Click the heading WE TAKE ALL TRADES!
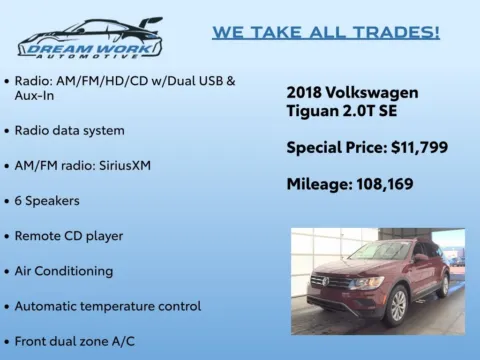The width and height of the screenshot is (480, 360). tap(326, 32)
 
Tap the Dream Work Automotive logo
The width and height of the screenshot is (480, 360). tap(89, 38)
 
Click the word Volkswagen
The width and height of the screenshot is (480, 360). tap(373, 93)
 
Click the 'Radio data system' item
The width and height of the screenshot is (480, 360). tap(69, 130)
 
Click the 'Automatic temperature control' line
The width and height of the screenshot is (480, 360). tap(108, 306)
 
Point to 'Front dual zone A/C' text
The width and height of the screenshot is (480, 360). tap(75, 341)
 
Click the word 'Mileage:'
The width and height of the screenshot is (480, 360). tap(319, 185)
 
